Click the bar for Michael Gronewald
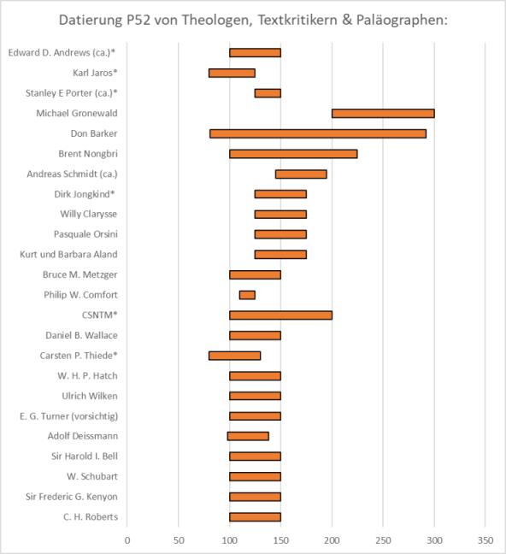(x=383, y=114)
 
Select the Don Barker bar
(x=318, y=133)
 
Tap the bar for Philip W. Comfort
(x=247, y=295)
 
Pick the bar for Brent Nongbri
(x=293, y=154)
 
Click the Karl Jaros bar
(x=232, y=74)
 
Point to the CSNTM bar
(x=281, y=315)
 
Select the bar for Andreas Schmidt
(x=301, y=174)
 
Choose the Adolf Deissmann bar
(x=248, y=436)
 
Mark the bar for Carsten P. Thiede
(x=235, y=356)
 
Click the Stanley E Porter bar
(x=268, y=93)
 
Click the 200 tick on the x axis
(x=332, y=540)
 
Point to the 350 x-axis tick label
(x=485, y=540)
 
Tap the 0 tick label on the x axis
(x=127, y=540)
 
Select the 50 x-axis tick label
(x=179, y=540)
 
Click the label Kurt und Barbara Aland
(x=68, y=255)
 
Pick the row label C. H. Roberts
(x=91, y=517)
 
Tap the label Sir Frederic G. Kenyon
(x=72, y=497)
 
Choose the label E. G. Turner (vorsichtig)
(x=69, y=416)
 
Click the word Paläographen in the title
(x=402, y=21)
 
